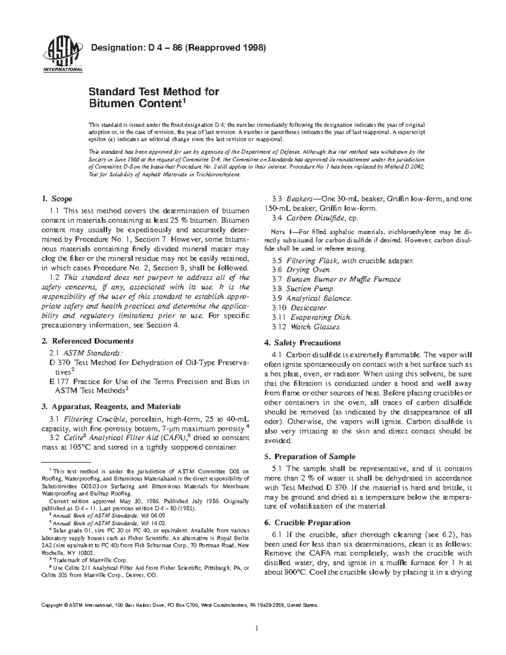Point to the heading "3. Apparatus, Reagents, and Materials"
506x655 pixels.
[x=111, y=407]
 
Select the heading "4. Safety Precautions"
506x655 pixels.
[x=302, y=342]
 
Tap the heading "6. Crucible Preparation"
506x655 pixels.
[x=307, y=523]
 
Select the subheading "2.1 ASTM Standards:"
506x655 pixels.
[x=86, y=353]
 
